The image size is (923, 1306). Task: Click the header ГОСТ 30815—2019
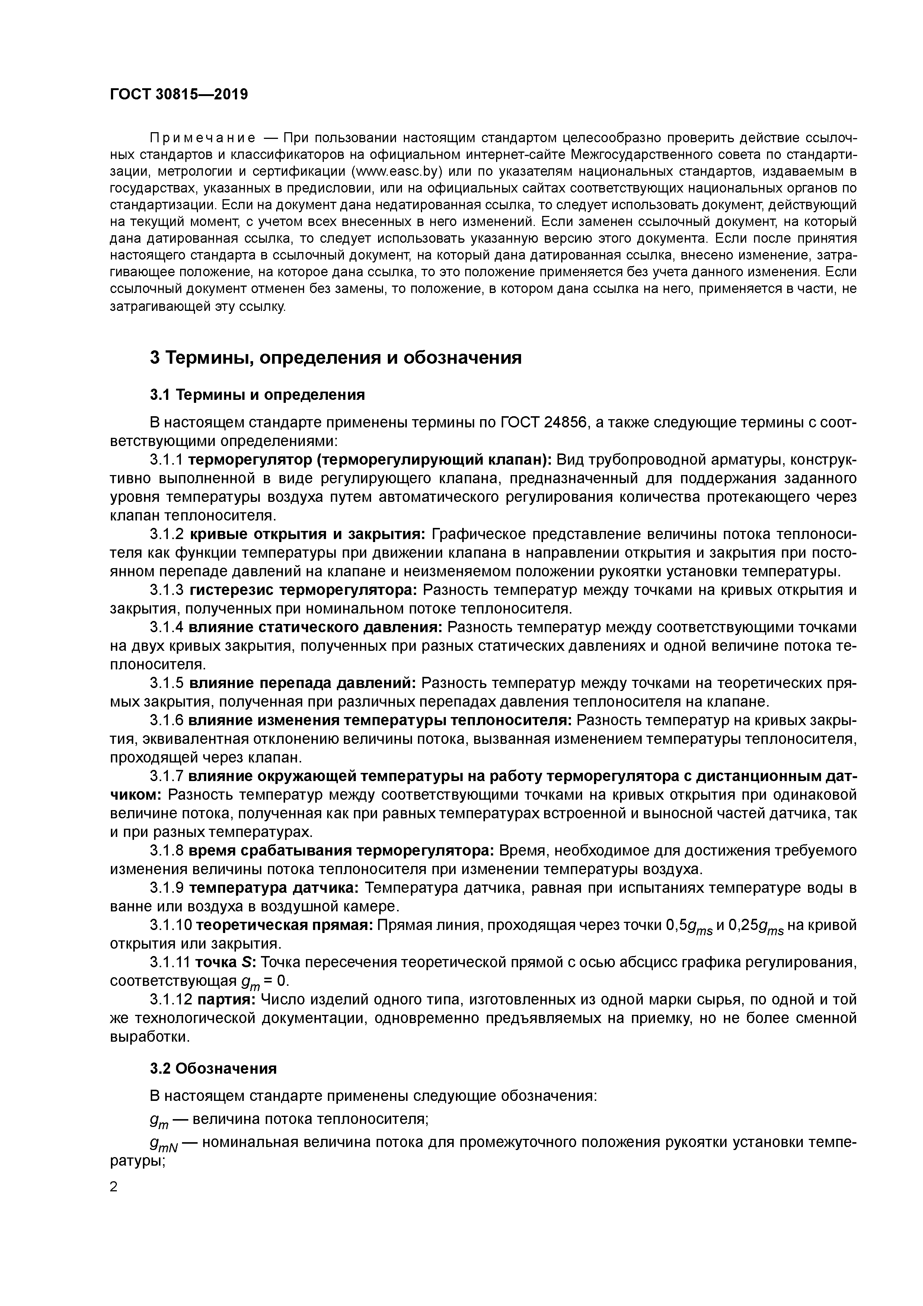[x=179, y=94]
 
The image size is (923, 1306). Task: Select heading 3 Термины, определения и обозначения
[x=336, y=358]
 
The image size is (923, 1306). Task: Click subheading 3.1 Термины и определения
[x=257, y=394]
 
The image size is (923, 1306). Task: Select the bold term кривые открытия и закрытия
[x=308, y=534]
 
